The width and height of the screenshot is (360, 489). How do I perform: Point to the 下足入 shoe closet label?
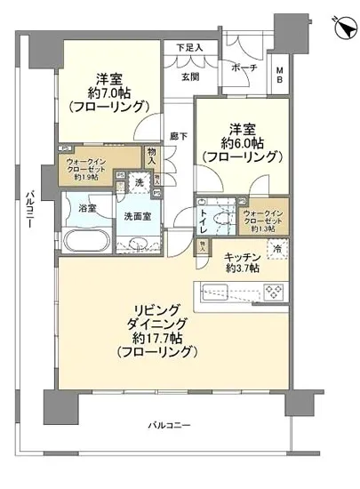tap(188, 48)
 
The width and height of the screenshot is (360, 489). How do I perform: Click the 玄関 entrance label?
tap(191, 77)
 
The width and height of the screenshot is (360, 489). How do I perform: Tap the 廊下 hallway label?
tap(179, 136)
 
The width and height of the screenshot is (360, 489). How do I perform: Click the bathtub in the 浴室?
tap(85, 241)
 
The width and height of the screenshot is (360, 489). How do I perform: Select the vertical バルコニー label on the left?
tap(29, 211)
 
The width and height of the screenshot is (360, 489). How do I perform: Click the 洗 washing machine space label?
tap(139, 183)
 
